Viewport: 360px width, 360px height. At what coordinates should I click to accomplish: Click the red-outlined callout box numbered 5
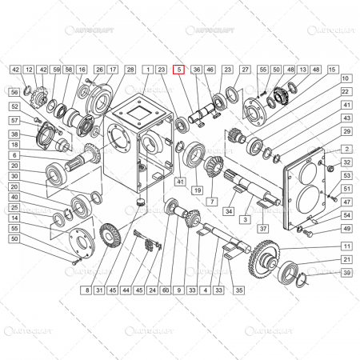[x=179, y=70]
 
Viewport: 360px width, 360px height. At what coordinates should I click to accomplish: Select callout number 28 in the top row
[x=130, y=70]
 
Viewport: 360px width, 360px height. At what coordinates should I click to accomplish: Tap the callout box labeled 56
[x=14, y=93]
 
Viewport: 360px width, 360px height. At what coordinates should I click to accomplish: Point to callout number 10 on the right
[x=346, y=79]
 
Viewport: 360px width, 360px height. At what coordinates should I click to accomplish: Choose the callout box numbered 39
[x=346, y=273]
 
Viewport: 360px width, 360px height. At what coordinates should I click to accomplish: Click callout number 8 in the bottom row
[x=87, y=289]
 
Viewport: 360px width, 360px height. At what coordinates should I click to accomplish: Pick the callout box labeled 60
[x=166, y=289]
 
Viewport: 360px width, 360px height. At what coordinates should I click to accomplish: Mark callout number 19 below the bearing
[x=195, y=190]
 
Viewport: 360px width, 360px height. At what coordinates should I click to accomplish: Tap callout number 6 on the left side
[x=14, y=154]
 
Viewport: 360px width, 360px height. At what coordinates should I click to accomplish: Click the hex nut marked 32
[x=330, y=169]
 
